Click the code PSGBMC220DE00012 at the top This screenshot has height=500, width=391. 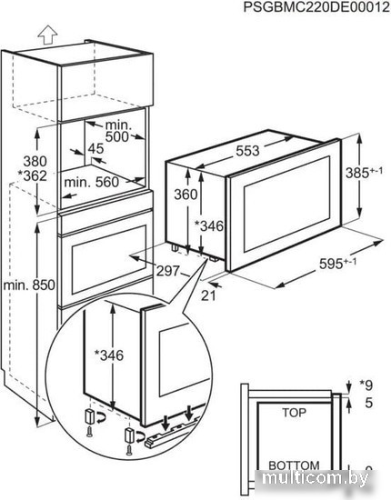tap(316, 6)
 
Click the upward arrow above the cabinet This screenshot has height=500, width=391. tap(47, 35)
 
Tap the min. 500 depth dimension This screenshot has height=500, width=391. tap(117, 131)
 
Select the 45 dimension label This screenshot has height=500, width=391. tap(95, 148)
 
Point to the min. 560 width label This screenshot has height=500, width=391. tap(92, 183)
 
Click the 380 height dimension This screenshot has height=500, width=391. tap(35, 161)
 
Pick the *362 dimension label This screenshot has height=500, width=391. tap(32, 175)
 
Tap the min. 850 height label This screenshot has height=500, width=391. tap(29, 285)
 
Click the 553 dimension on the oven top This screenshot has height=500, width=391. tap(247, 151)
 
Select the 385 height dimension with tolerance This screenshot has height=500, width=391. tap(364, 173)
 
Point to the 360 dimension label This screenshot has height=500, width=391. tap(185, 195)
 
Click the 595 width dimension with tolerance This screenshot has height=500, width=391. tap(337, 264)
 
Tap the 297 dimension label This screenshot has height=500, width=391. tap(168, 271)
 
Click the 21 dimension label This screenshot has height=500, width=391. tap(208, 296)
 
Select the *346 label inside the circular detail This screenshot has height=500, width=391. tap(109, 355)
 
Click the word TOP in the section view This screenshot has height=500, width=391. tap(294, 413)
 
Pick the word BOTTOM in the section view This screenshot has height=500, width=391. tap(294, 465)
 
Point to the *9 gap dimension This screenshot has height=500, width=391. tap(366, 385)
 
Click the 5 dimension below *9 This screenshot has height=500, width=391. tap(368, 403)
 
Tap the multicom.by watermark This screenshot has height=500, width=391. tap(316, 478)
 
